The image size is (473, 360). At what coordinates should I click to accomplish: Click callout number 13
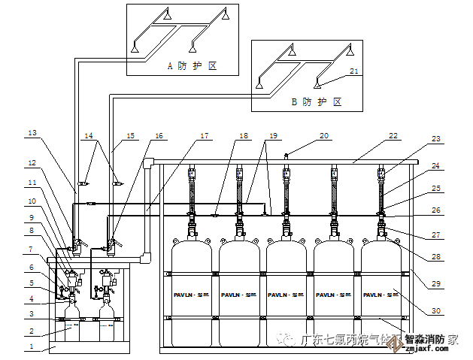coord(32,133)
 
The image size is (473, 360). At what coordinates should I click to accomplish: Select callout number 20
coord(323,136)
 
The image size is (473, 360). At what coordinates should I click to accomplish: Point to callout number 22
coord(393,136)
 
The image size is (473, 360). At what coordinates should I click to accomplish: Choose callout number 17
coord(205,136)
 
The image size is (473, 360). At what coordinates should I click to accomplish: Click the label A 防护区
coord(192,66)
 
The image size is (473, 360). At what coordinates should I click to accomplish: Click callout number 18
coord(243,136)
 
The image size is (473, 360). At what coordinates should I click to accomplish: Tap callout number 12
coord(32,163)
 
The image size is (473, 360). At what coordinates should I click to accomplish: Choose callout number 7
coord(32,248)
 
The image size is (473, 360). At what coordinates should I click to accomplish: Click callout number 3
coord(32,313)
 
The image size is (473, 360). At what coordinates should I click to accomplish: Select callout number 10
coord(32,201)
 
